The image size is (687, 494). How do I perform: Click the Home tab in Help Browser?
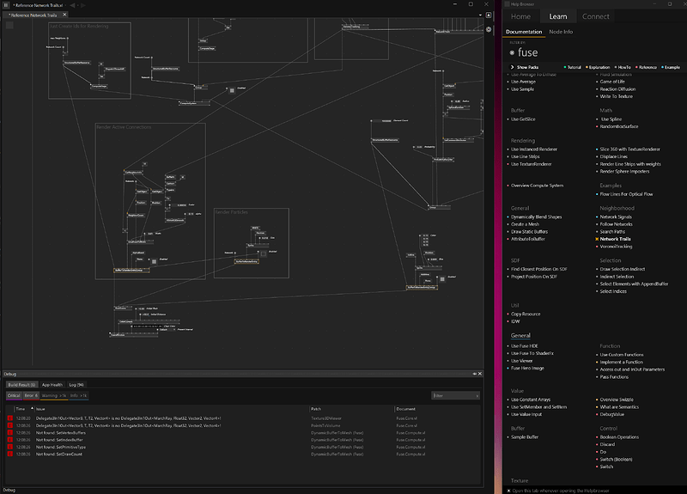520,16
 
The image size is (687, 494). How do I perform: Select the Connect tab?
595,16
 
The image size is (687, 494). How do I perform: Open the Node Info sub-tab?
561,32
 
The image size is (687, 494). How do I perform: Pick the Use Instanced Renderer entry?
535,149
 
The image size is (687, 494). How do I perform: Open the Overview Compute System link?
537,186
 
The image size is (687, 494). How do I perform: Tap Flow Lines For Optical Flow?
628,194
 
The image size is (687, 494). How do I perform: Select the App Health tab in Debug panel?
52,385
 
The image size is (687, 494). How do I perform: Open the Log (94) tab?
76,385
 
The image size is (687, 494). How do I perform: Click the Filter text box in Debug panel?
454,395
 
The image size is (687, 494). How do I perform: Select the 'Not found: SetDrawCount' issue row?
60,454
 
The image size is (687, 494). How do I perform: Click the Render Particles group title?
233,211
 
